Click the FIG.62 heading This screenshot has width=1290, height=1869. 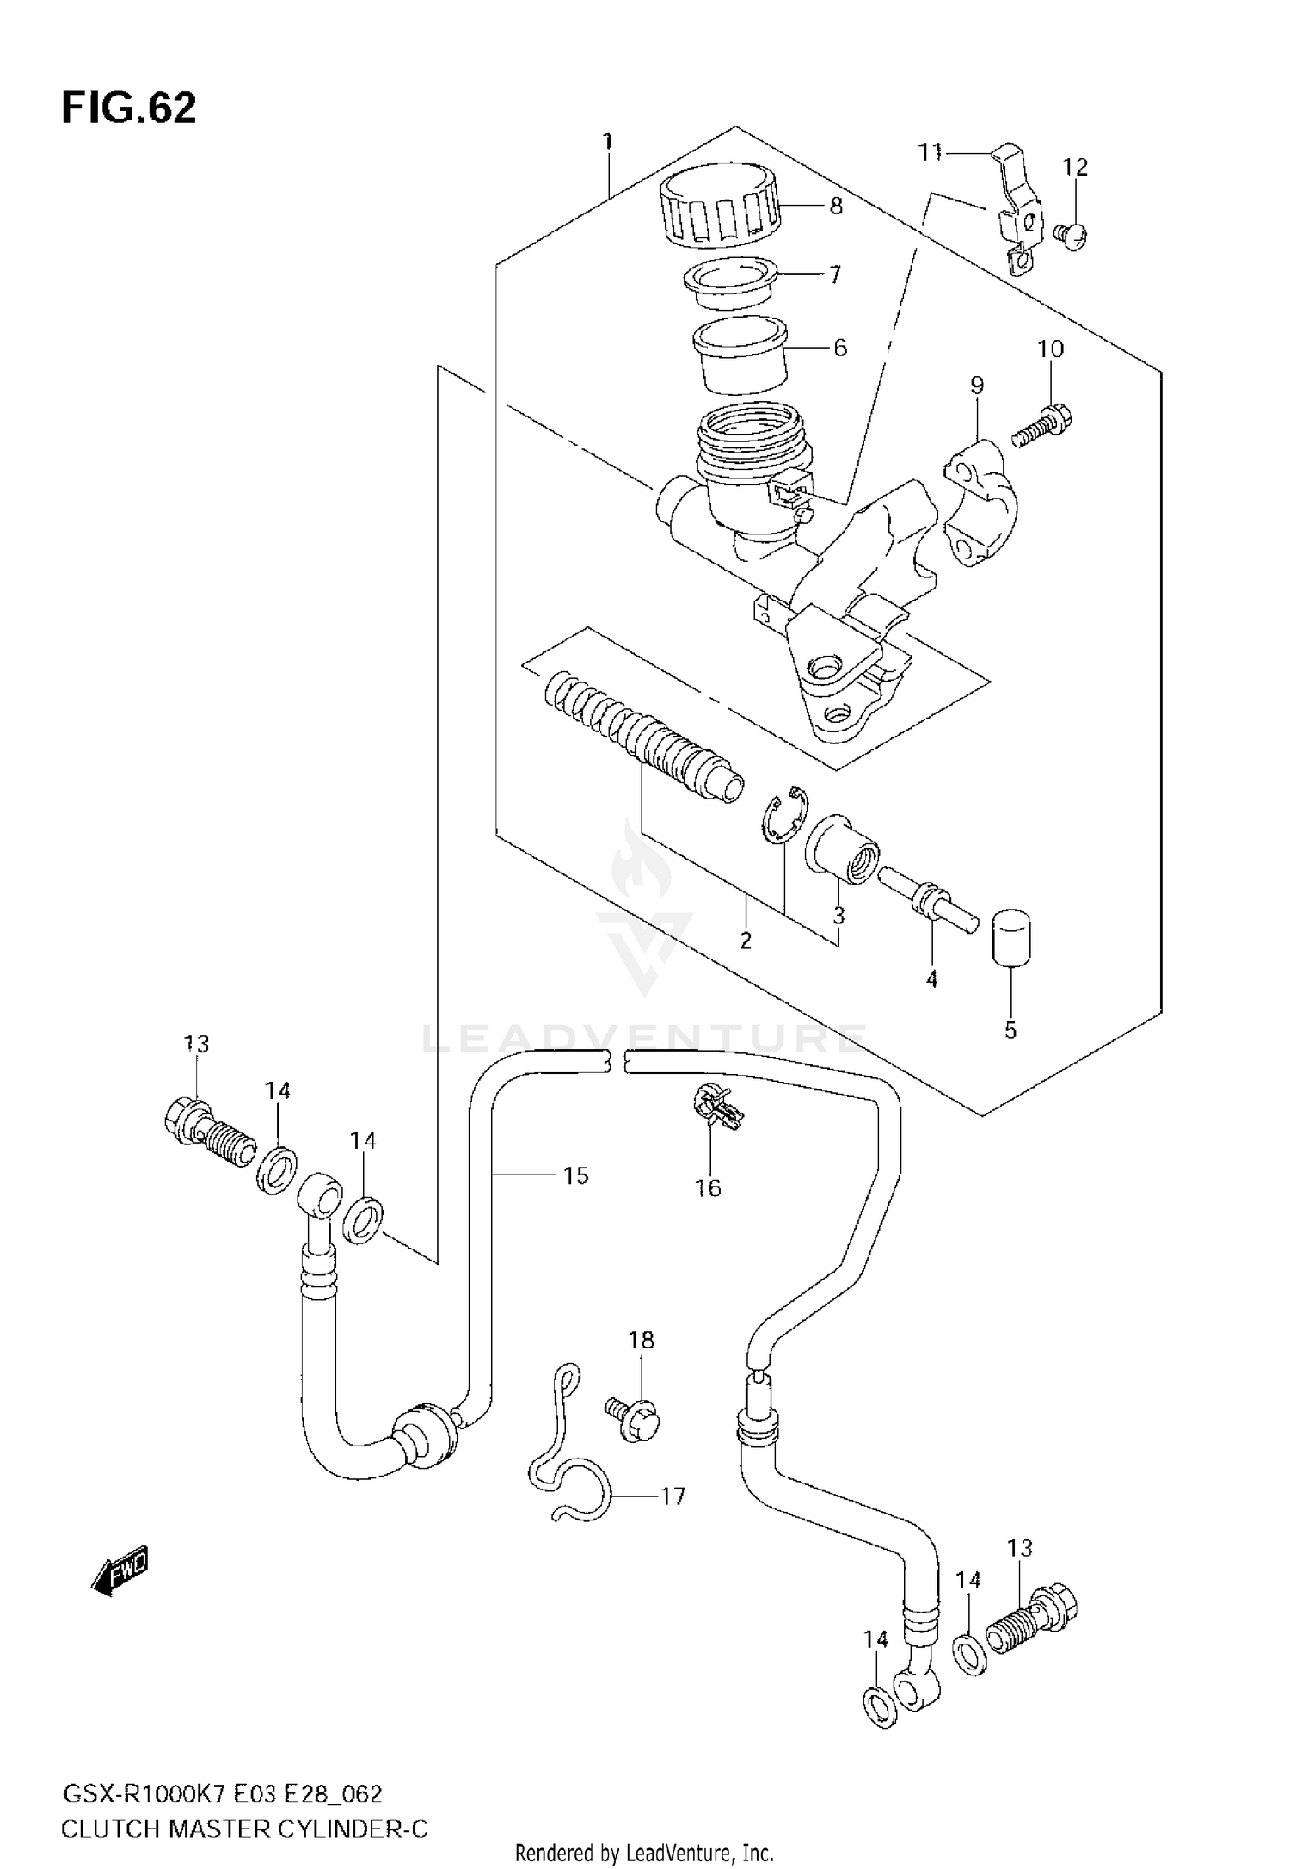pos(129,109)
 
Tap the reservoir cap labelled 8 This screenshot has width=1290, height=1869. pos(718,207)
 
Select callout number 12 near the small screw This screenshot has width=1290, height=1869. pos(1075,167)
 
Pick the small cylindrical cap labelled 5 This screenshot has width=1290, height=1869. pos(1012,938)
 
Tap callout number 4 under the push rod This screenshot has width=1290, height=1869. pos(931,978)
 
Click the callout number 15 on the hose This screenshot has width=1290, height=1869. pos(575,1175)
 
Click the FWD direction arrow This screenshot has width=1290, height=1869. pos(120,1571)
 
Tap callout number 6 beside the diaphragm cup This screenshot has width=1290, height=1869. pos(839,348)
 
